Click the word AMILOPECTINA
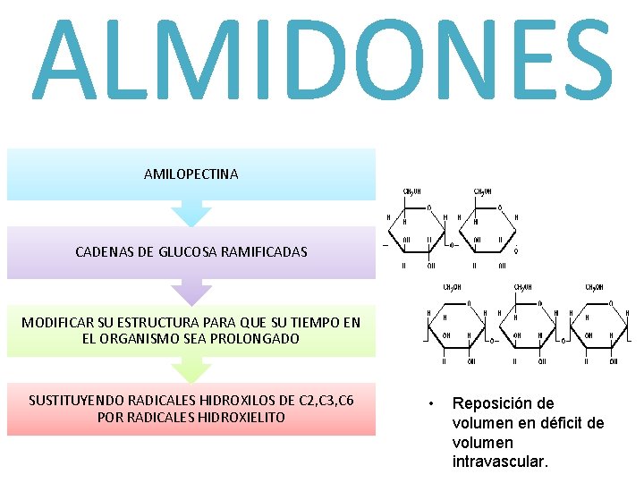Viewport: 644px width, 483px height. [191, 174]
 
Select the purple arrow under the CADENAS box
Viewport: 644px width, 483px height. [191, 292]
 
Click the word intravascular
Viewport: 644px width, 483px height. [500, 462]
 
